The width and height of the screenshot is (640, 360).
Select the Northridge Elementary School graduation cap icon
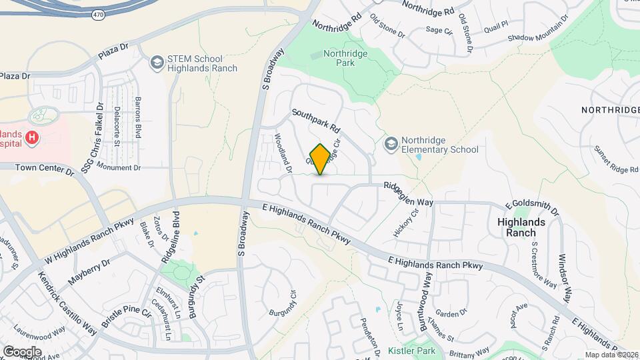click(391, 144)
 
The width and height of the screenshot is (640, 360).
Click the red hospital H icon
click(31, 138)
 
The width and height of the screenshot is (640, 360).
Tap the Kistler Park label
click(411, 351)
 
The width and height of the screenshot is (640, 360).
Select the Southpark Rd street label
click(316, 120)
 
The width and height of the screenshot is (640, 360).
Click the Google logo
click(22, 351)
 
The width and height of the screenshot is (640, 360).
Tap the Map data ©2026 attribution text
click(611, 355)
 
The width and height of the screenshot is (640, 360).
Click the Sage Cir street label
click(439, 30)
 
